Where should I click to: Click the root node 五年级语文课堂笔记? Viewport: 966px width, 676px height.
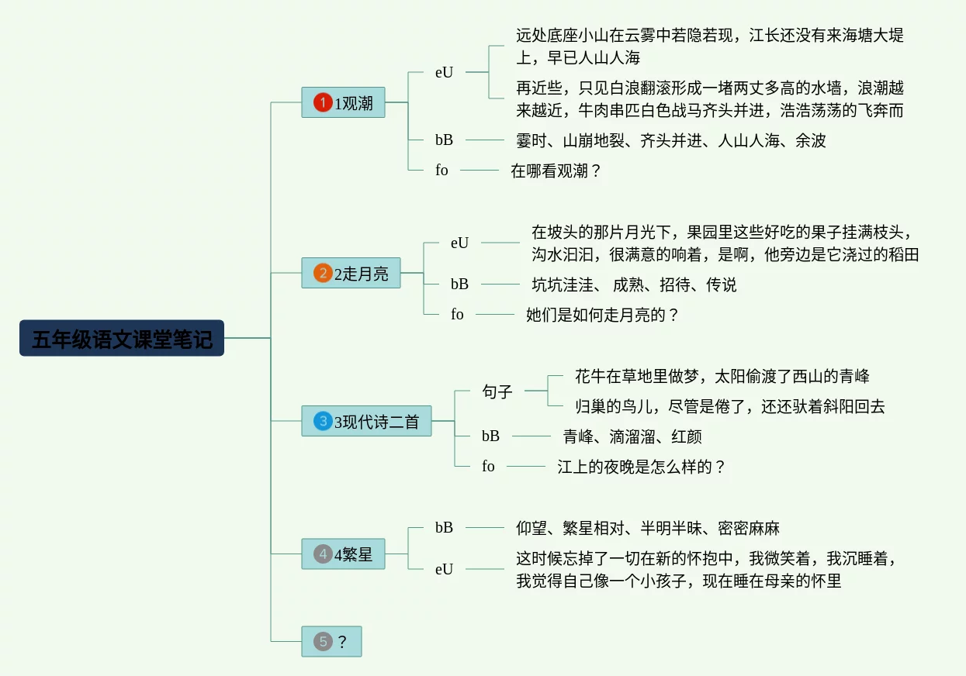pos(122,339)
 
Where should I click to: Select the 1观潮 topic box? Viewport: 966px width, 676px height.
pos(344,102)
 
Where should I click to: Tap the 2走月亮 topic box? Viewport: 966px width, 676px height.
pos(351,273)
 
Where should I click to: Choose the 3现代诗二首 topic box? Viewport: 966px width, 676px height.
pos(366,421)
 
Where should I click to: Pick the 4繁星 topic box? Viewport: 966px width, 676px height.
pos(344,554)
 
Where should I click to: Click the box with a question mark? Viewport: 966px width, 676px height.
pos(332,641)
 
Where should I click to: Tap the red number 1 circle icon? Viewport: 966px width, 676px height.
pos(323,102)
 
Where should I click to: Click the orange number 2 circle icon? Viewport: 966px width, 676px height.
pos(323,273)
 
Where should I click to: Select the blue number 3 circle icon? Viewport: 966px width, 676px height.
pos(323,421)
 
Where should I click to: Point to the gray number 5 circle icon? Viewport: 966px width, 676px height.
pos(323,641)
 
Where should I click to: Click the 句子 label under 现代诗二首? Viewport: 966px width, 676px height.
pos(497,391)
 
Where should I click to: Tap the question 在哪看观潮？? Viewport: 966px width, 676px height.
pos(556,171)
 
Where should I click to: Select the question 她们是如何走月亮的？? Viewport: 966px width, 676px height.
pos(602,315)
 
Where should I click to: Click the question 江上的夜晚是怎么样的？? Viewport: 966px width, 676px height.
pos(641,467)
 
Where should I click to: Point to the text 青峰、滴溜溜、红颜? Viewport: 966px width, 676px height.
pos(632,436)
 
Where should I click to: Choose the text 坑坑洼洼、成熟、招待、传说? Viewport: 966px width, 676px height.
pos(634,285)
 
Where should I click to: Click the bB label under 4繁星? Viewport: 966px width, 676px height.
pos(444,527)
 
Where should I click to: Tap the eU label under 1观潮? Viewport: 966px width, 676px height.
pos(444,72)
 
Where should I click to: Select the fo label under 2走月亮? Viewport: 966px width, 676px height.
pos(457,314)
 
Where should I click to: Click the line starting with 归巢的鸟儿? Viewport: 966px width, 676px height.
pos(729,406)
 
